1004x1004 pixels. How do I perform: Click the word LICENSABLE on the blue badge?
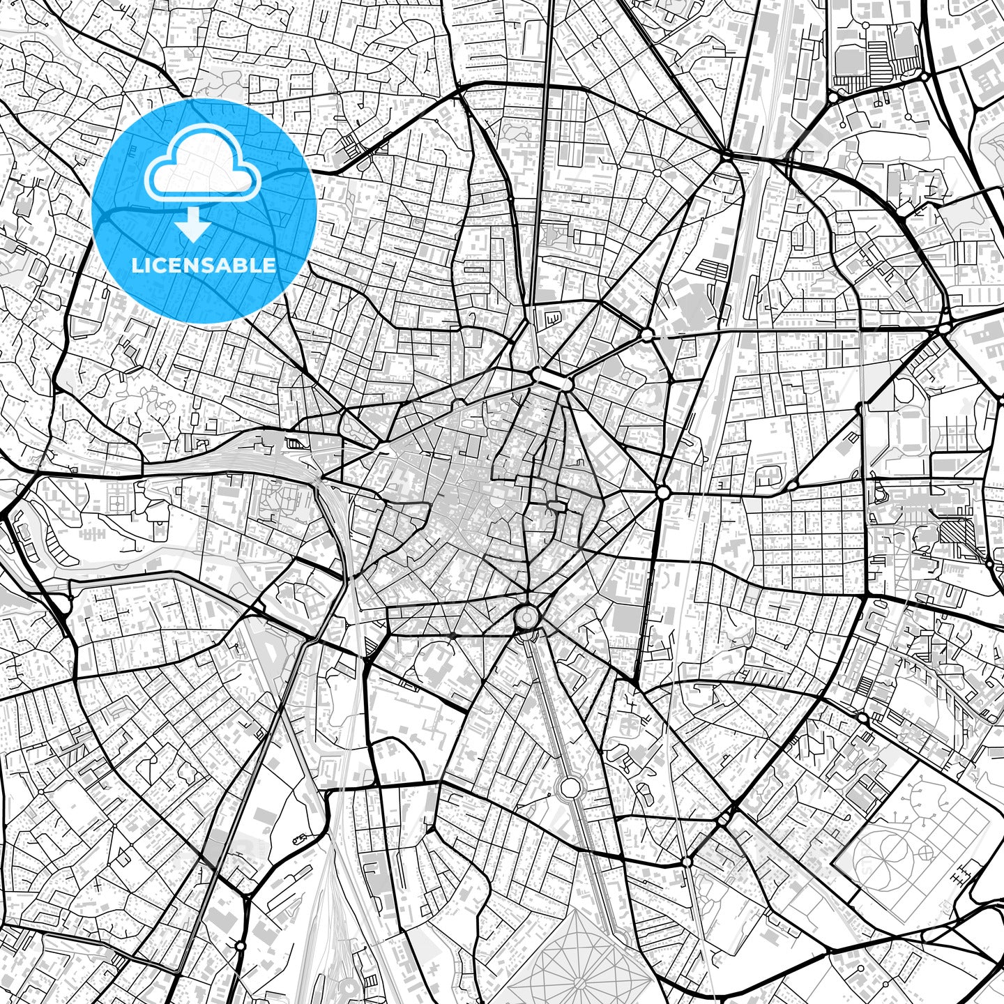pyautogui.click(x=204, y=266)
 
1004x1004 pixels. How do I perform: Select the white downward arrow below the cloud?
pyautogui.click(x=195, y=226)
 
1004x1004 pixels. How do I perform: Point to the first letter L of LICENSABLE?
pyautogui.click(x=136, y=266)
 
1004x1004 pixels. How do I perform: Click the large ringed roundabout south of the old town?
pyautogui.click(x=526, y=617)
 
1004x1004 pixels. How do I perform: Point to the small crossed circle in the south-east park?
pyautogui.click(x=926, y=852)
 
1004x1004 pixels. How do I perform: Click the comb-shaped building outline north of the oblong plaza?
pyautogui.click(x=553, y=318)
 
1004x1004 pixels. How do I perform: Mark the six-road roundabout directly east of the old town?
pyautogui.click(x=662, y=492)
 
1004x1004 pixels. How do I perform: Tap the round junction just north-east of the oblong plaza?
pyautogui.click(x=647, y=335)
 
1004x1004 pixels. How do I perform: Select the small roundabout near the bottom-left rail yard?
pyautogui.click(x=241, y=946)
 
